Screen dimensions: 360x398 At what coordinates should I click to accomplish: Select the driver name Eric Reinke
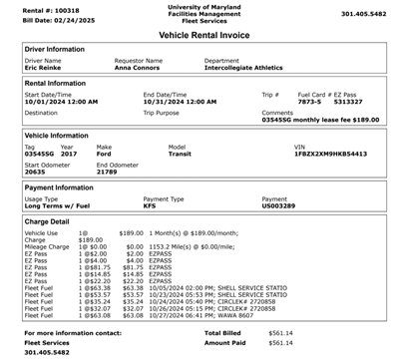click(x=44, y=68)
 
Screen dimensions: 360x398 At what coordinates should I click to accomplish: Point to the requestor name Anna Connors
click(x=136, y=68)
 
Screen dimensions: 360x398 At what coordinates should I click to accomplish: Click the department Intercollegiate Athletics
click(x=244, y=68)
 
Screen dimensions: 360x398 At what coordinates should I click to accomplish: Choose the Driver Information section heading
click(x=54, y=47)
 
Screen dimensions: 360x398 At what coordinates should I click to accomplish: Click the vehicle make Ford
click(x=104, y=154)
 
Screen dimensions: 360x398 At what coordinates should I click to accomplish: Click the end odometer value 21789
click(x=107, y=173)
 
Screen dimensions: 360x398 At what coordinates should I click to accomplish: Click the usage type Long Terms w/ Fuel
click(x=59, y=205)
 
